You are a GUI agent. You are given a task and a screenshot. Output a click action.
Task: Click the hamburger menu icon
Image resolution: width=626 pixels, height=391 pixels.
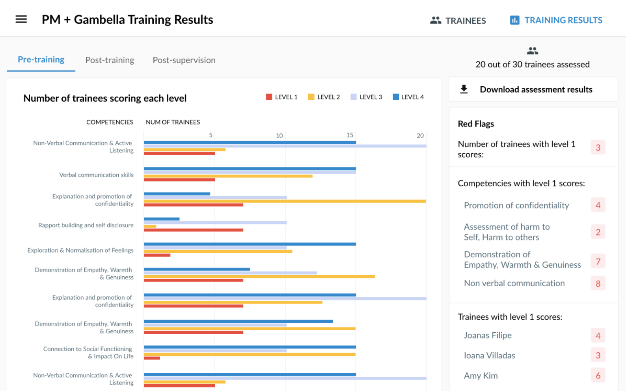coord(21,19)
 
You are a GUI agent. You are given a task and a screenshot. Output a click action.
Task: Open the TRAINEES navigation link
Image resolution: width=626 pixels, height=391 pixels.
coord(458,20)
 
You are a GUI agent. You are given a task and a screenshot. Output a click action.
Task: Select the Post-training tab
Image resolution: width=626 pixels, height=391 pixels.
coord(110,60)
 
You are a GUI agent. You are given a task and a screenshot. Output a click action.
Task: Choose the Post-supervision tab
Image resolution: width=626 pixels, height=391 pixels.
coord(184,60)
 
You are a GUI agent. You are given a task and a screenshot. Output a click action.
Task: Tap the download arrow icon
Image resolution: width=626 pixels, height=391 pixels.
coord(464,89)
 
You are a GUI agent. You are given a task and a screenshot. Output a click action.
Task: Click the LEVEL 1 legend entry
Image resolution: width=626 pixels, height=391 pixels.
coord(281,97)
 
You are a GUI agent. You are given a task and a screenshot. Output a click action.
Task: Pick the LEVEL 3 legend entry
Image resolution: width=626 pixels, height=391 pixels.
coord(366,97)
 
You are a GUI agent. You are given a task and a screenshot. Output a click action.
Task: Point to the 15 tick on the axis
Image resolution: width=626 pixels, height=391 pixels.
coord(350,135)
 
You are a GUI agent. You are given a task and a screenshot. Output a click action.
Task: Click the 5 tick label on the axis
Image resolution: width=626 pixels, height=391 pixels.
coord(211,135)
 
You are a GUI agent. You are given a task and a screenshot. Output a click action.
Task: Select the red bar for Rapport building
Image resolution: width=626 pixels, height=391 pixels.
coord(193,230)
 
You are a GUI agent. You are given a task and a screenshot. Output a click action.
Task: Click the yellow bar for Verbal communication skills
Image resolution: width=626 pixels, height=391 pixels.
coord(228,176)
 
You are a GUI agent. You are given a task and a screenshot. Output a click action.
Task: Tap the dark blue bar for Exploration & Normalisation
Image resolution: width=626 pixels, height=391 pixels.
coord(250,244)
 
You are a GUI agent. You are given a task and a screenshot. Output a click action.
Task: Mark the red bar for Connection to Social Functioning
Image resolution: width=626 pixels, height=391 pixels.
coord(152,358)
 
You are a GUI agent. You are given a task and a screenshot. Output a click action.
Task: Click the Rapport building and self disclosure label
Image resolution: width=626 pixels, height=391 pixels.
coord(86,225)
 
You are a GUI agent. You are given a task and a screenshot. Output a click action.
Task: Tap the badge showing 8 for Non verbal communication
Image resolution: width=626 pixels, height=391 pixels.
coord(598,283)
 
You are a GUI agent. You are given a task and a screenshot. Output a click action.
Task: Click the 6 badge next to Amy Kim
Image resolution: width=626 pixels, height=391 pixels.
coord(598,376)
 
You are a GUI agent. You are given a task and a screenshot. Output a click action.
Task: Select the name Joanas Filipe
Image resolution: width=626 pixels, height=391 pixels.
coord(488,335)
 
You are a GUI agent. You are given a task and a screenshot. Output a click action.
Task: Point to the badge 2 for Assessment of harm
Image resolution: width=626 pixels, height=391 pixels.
coord(598,232)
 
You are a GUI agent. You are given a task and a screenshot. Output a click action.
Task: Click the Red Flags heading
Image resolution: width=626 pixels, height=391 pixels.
coord(476,124)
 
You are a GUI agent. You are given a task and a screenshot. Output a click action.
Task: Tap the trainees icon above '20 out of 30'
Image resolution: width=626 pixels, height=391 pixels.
coord(532,51)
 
